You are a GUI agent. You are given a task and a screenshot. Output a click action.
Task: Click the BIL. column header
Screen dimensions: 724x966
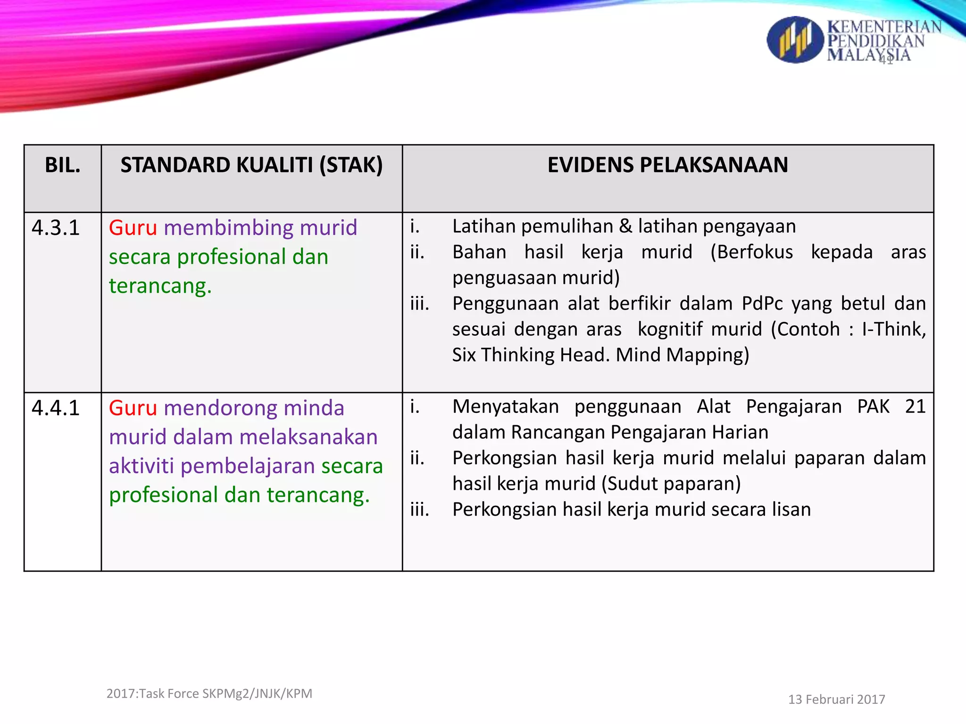(x=63, y=165)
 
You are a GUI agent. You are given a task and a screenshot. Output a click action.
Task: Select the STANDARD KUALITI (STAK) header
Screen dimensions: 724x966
(x=251, y=165)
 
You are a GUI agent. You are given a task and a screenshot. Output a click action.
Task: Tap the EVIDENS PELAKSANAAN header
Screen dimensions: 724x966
(x=667, y=165)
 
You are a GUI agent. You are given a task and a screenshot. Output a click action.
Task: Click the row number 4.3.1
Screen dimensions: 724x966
(x=56, y=228)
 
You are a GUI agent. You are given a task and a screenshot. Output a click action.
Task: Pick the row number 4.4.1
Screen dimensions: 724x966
(x=56, y=408)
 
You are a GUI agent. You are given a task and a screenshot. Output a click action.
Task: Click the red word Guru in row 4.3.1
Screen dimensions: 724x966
(x=133, y=228)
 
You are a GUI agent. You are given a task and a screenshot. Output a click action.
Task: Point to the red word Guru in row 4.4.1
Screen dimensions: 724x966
(x=133, y=408)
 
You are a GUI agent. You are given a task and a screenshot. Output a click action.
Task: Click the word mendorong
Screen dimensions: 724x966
(x=221, y=408)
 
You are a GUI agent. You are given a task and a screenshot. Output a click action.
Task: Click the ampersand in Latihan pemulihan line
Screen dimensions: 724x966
(x=625, y=227)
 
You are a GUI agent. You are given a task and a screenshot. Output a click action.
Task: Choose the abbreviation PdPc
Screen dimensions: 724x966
(x=762, y=304)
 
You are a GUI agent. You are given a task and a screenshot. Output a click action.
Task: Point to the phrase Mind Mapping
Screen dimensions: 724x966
(x=682, y=355)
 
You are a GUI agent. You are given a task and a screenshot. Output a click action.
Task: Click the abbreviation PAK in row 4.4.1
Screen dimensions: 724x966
(x=873, y=406)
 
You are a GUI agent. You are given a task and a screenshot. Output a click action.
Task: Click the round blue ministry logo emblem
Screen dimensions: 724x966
(x=794, y=40)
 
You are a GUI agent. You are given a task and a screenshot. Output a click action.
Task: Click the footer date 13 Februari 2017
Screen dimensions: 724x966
(x=836, y=699)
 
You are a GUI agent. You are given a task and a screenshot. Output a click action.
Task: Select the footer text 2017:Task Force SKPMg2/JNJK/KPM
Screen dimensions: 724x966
(x=209, y=694)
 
